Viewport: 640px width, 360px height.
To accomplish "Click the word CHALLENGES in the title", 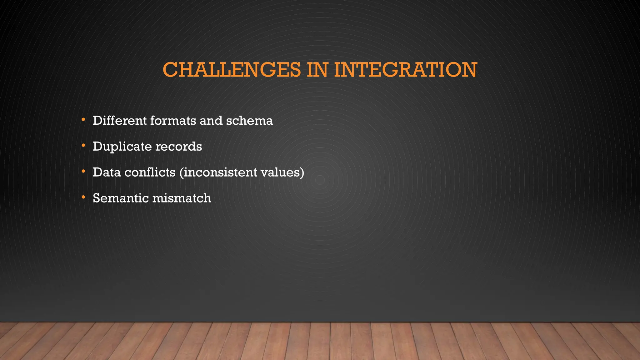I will coord(231,70).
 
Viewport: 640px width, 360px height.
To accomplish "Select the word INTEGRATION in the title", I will coord(405,70).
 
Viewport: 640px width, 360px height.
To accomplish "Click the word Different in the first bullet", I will coord(120,120).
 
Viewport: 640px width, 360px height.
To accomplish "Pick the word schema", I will coord(249,120).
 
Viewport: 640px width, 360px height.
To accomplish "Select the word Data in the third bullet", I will coord(107,172).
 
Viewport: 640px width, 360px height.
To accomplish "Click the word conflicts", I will coord(150,172).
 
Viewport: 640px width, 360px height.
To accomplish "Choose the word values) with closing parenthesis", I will coord(282,172).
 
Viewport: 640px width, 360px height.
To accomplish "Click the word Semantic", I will coord(121,198).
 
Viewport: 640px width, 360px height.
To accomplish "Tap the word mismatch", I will coord(182,198).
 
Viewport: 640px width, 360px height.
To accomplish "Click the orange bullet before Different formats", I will coord(83,120).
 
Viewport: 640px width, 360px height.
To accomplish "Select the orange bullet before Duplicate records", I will coord(83,146).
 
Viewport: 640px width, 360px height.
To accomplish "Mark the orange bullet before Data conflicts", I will coord(83,171).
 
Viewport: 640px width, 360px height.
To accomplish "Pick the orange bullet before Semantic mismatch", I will coord(83,197).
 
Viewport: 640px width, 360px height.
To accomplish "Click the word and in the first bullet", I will coord(211,120).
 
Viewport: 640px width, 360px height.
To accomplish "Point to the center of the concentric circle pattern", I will coord(320,180).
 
